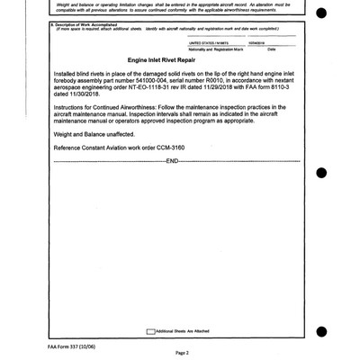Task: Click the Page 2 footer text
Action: [x=180, y=354]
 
